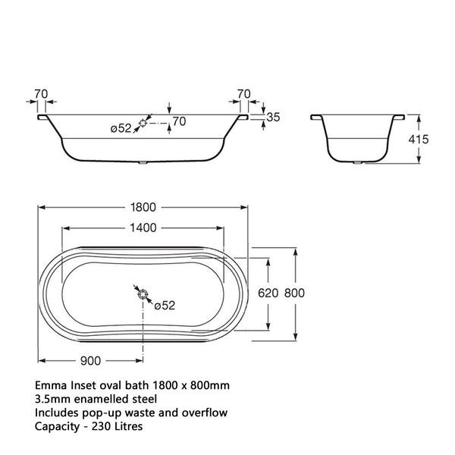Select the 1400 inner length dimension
(142, 227)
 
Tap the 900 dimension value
(91, 360)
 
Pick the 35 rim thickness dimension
(274, 117)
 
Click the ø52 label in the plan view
(165, 305)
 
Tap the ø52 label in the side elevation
(121, 128)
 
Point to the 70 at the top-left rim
(41, 94)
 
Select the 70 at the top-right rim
(243, 94)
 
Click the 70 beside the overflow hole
(179, 121)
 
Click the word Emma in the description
(51, 386)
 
